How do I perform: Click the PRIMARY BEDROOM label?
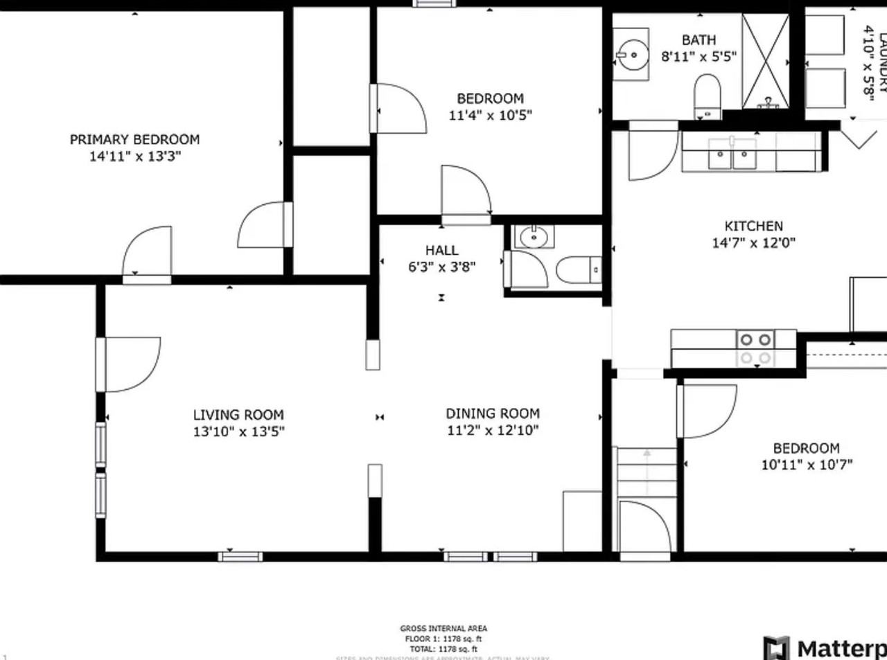(134, 139)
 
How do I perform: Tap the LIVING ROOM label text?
(238, 415)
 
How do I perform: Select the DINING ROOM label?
(492, 413)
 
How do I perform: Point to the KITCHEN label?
(753, 226)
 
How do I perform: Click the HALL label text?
(441, 250)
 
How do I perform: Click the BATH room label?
(699, 40)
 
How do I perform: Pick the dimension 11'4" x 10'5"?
(490, 115)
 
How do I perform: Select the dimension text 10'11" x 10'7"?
(807, 465)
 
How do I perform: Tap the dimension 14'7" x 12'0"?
(753, 242)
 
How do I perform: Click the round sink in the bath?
(632, 54)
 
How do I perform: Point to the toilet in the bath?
(708, 96)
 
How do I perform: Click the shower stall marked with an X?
(765, 61)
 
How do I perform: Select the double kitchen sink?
(732, 154)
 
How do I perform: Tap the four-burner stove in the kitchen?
(755, 348)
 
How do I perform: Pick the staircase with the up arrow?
(647, 472)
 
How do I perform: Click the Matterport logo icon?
(776, 648)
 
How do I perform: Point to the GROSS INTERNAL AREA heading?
(443, 629)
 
